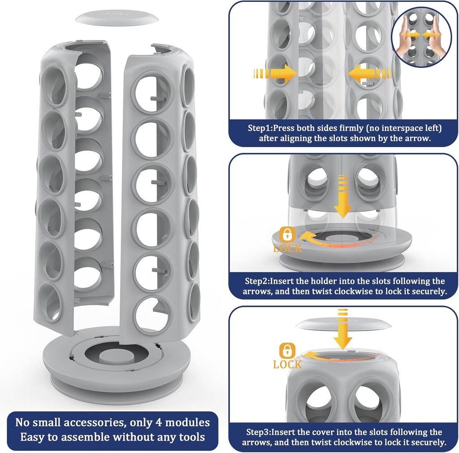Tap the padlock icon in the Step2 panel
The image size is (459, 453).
tap(287, 234)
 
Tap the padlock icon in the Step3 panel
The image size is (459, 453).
tap(287, 350)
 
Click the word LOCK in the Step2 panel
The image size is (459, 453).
tap(287, 248)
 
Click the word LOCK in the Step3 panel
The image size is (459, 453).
tap(287, 365)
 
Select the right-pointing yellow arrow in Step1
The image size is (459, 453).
tap(275, 74)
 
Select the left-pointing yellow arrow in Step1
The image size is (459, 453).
tap(370, 73)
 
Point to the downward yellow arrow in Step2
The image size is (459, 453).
tap(343, 196)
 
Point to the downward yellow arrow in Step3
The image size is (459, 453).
tap(342, 329)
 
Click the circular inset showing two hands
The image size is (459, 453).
tap(421, 37)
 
